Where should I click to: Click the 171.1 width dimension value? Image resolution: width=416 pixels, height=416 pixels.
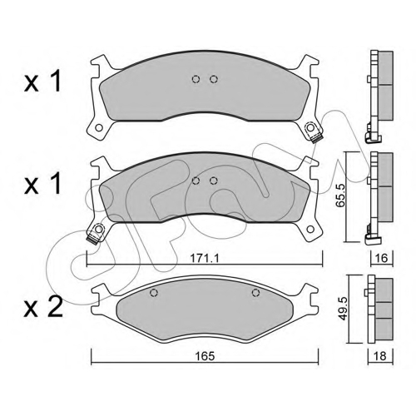(205, 259)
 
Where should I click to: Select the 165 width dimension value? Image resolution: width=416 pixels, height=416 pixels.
(205, 356)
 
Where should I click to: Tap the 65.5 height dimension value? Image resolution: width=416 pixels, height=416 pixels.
(340, 196)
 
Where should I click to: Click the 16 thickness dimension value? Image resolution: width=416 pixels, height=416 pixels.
(382, 258)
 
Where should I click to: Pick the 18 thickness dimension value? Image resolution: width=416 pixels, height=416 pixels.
(380, 356)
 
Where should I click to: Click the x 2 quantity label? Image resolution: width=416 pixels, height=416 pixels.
(43, 308)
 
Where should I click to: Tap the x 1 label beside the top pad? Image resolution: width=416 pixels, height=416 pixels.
(42, 82)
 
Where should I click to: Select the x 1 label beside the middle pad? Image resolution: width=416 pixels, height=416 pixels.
(42, 183)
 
